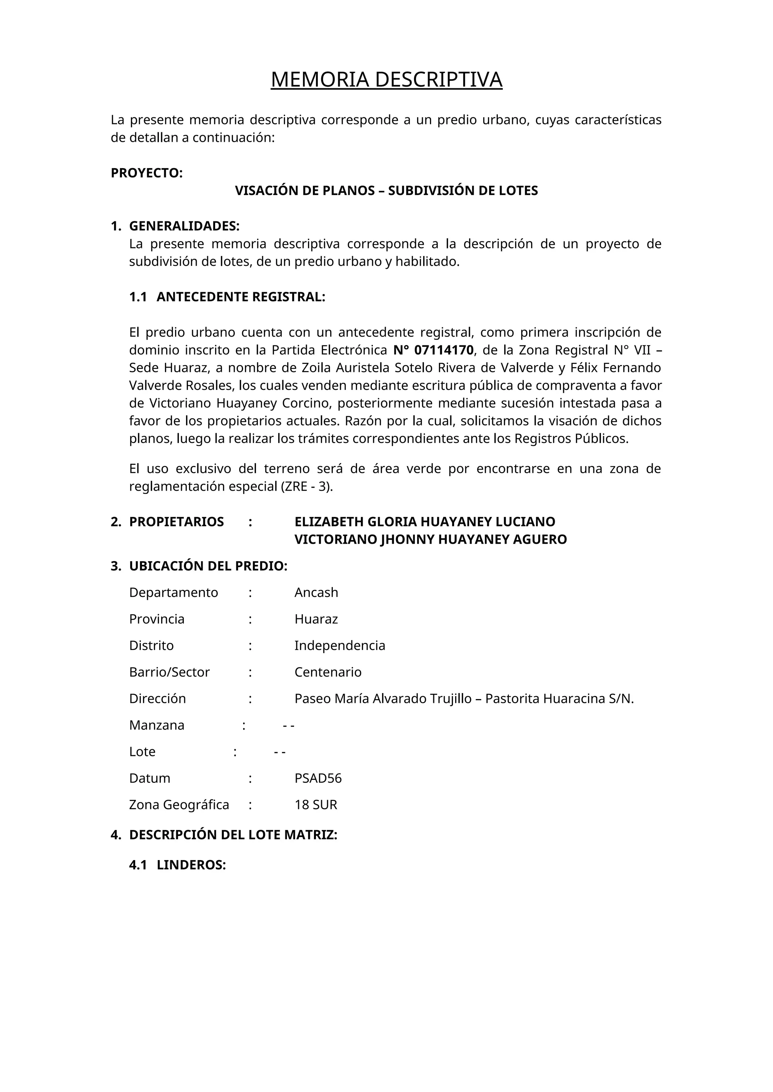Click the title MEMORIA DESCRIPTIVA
(x=386, y=80)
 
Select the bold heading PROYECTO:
(x=146, y=173)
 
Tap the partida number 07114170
(x=443, y=350)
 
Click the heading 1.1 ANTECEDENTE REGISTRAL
(x=227, y=297)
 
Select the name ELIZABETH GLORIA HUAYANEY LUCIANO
(x=425, y=522)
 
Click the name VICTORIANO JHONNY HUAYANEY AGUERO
(x=430, y=539)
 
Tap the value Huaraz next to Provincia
(x=316, y=619)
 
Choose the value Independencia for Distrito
(x=339, y=646)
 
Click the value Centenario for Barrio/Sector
(x=328, y=672)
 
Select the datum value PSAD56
(x=318, y=778)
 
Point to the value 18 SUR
(x=316, y=805)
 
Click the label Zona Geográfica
(x=179, y=805)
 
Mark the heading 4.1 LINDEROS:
(x=177, y=865)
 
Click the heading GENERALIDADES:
(x=184, y=225)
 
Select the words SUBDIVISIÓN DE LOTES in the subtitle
(x=463, y=191)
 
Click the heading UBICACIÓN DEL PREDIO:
(x=208, y=566)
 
